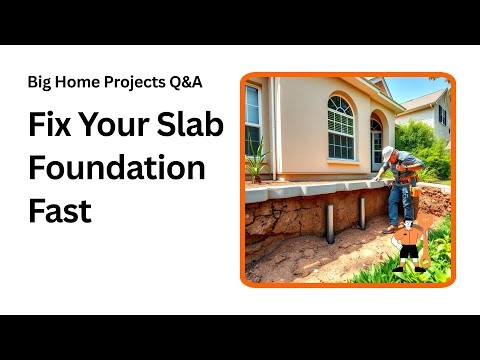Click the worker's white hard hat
[387, 152]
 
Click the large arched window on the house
[340, 128]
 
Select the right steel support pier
[362, 211]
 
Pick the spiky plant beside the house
[258, 160]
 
